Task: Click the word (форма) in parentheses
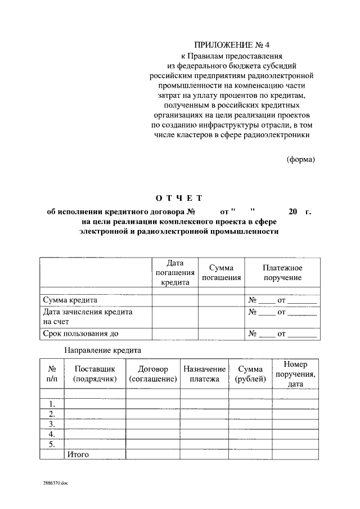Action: coord(301,159)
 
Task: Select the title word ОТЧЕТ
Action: coord(178,198)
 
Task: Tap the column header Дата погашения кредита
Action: coord(175,273)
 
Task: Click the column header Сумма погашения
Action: coord(221,273)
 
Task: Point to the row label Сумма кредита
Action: coord(70,300)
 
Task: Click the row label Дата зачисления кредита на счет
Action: coord(87,317)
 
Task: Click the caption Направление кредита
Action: coord(102,350)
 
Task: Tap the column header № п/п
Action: coord(52,374)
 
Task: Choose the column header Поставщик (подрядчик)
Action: coord(94,374)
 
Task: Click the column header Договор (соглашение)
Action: coord(152,374)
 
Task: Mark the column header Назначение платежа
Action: coord(204,374)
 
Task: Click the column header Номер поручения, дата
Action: coord(295,374)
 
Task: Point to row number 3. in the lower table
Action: coord(52,424)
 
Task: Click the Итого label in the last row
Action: coord(78,454)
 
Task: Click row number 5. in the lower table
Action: coord(52,444)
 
